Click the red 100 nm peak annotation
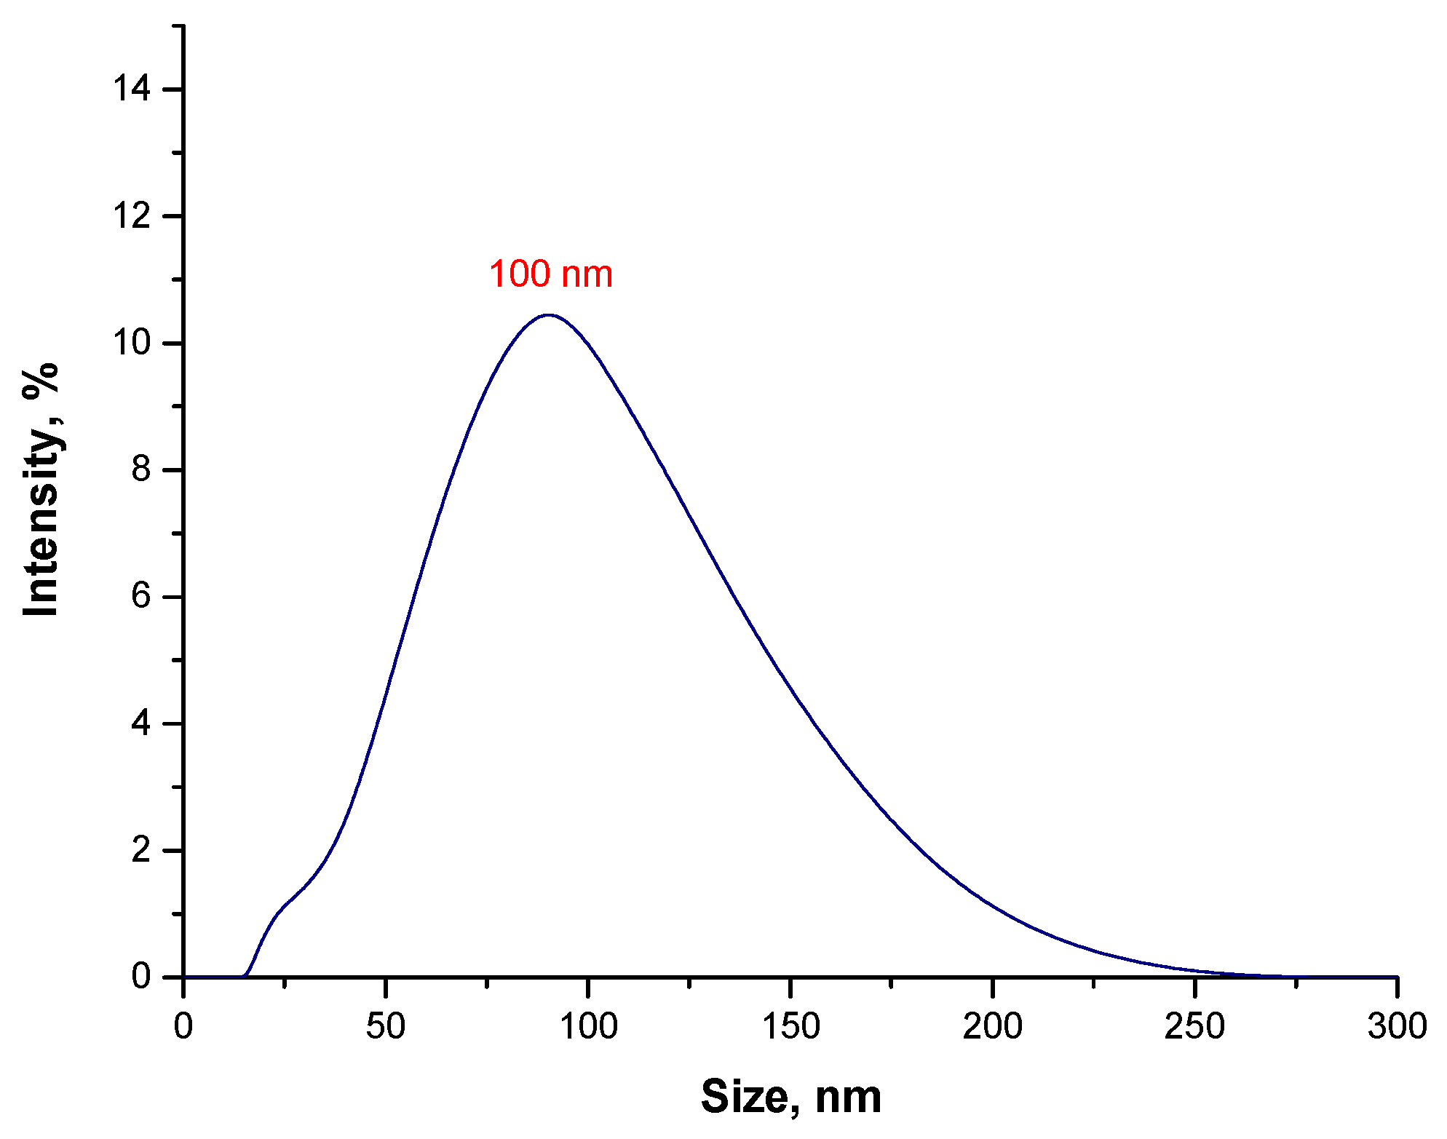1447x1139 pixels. coord(551,275)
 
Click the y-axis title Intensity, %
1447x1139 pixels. coord(41,489)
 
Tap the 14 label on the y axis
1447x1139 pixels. coord(131,89)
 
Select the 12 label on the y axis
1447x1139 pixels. coord(131,216)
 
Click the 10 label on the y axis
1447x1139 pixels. coord(131,343)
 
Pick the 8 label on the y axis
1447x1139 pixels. coord(140,470)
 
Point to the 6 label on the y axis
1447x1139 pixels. coord(140,597)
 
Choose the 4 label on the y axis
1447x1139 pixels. coord(140,723)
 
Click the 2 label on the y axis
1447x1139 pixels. coord(140,850)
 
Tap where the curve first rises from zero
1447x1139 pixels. coord(246,975)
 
